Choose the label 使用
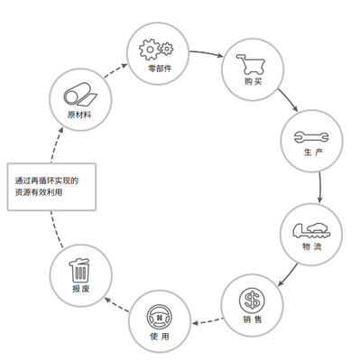[x=156, y=336]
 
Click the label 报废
[x=80, y=290]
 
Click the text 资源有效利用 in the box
[x=44, y=192]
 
